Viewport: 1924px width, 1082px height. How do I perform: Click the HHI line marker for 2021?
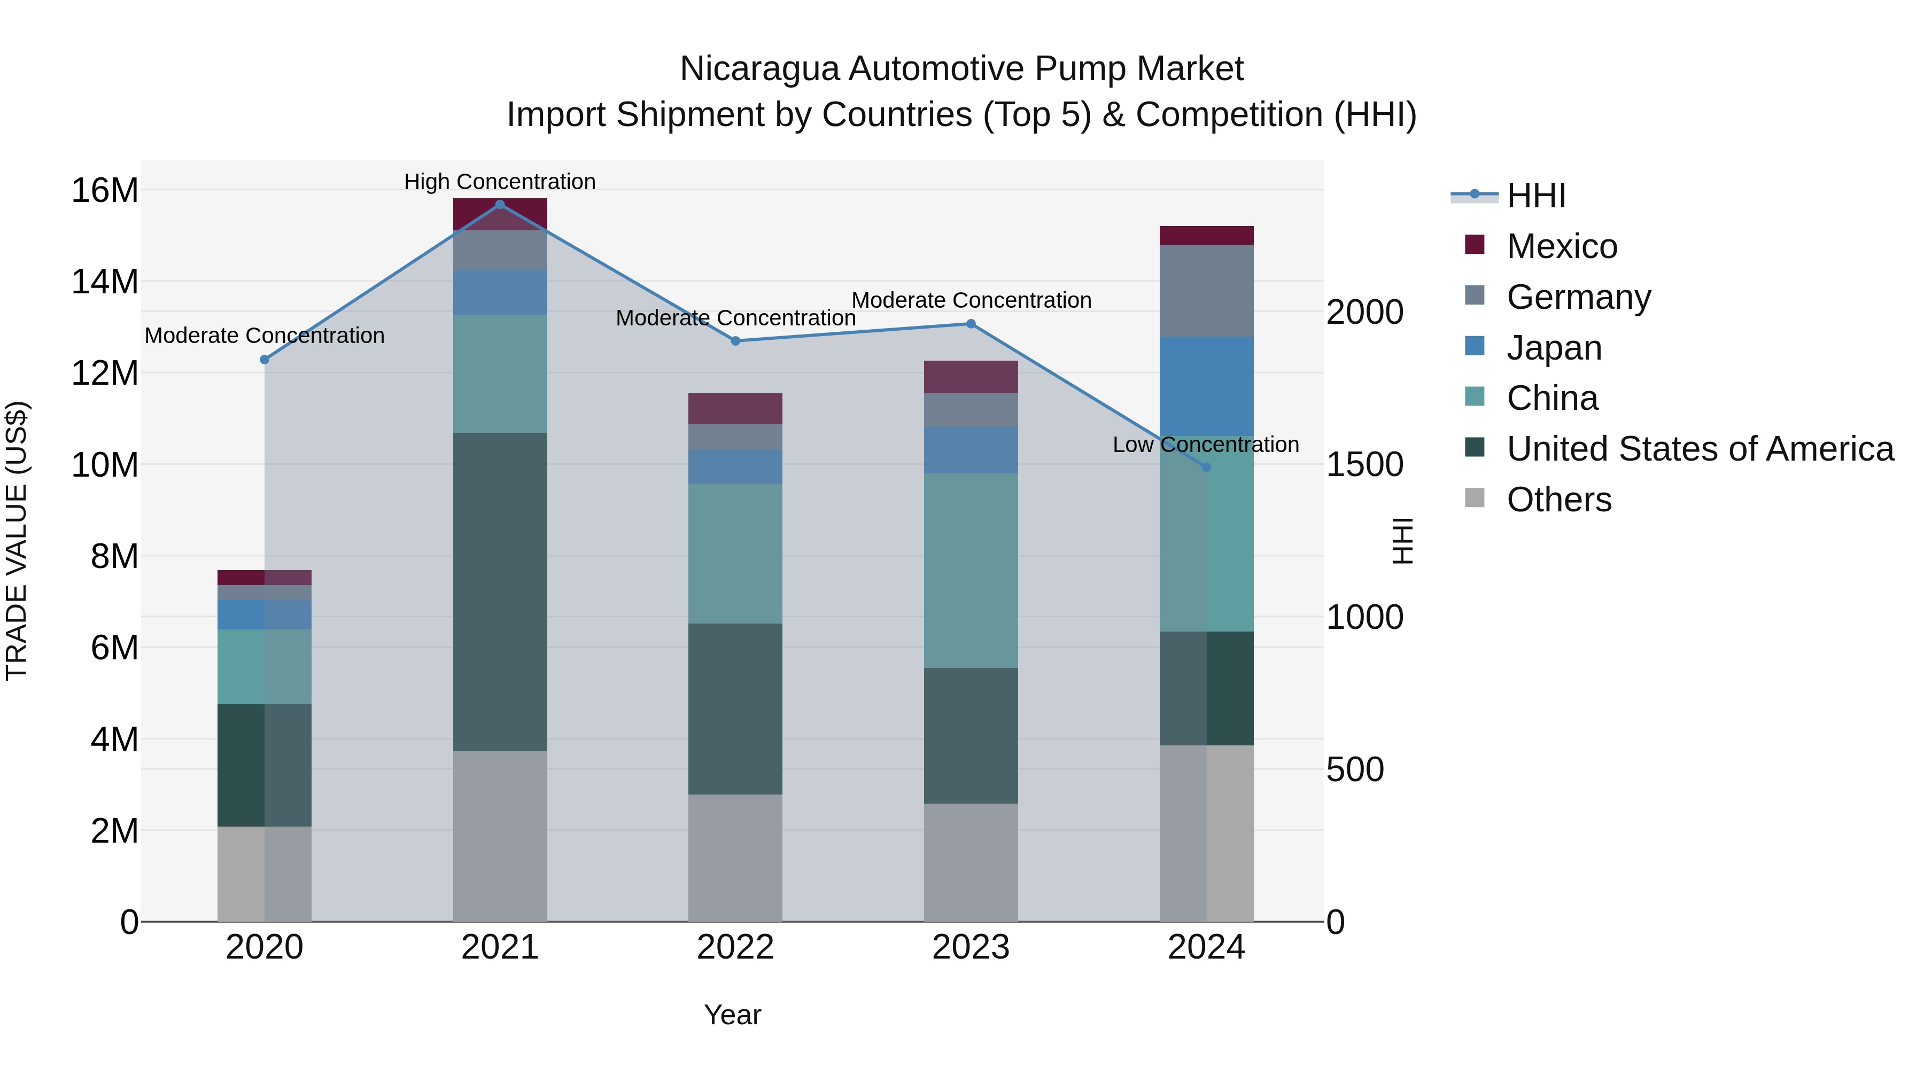pyautogui.click(x=500, y=205)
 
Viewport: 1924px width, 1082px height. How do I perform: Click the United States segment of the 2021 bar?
pyautogui.click(x=500, y=591)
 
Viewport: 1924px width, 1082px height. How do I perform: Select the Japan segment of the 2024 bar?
pyautogui.click(x=1206, y=386)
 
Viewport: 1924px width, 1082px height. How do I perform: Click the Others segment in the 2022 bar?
pyautogui.click(x=735, y=857)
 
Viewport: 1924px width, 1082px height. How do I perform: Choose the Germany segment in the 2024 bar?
pyautogui.click(x=1206, y=291)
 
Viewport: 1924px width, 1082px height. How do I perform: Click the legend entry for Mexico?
pyautogui.click(x=1561, y=246)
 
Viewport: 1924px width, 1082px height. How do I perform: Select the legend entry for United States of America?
pyautogui.click(x=1699, y=449)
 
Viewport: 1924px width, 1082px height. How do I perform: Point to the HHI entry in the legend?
pyautogui.click(x=1535, y=196)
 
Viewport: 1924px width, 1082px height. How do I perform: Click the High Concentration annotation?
pyautogui.click(x=500, y=182)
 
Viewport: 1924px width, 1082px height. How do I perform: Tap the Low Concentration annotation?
pyautogui.click(x=1206, y=445)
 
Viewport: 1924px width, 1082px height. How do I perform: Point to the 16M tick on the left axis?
pyautogui.click(x=105, y=190)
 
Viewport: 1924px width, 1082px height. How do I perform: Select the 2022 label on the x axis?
pyautogui.click(x=735, y=947)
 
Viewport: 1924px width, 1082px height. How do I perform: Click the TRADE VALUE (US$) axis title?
pyautogui.click(x=17, y=541)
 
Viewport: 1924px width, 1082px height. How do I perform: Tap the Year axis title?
pyautogui.click(x=732, y=1015)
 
